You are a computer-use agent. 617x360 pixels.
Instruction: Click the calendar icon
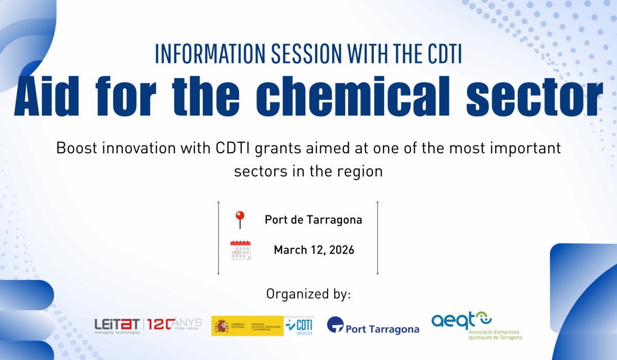pyautogui.click(x=240, y=250)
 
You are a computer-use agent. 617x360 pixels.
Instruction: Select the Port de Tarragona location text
pyautogui.click(x=313, y=220)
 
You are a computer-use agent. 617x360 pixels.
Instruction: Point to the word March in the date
pyautogui.click(x=291, y=250)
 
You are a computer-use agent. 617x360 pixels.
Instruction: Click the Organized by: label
pyautogui.click(x=308, y=294)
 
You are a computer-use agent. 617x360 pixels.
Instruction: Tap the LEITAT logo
pyautogui.click(x=117, y=325)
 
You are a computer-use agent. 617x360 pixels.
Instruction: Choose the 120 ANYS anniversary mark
pyautogui.click(x=175, y=325)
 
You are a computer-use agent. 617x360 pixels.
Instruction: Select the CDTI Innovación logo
pyautogui.click(x=299, y=326)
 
